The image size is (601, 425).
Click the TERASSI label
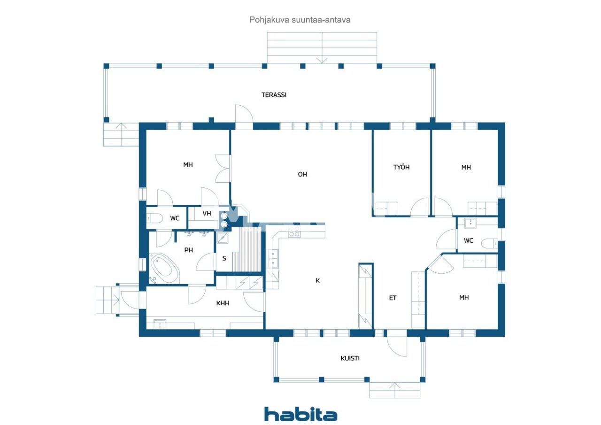274,95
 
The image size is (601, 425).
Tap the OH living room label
302,174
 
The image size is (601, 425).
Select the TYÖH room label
401,167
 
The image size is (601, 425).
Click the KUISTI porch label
350,358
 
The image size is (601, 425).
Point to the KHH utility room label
223,303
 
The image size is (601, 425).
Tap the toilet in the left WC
155,218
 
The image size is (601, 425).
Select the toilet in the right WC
489,244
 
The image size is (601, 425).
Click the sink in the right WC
470,223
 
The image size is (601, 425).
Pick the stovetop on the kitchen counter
294,232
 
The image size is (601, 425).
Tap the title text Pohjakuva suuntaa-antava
300,20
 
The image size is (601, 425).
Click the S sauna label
224,258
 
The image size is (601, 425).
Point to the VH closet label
207,213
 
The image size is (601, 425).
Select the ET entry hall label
393,298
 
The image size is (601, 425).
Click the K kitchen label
317,280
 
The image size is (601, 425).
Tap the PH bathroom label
188,250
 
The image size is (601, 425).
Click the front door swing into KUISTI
397,347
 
